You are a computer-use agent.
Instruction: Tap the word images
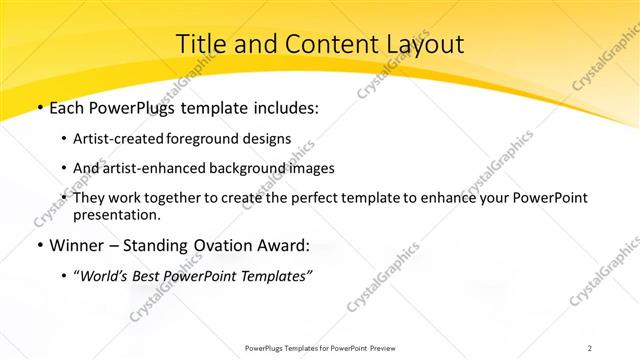point(306,168)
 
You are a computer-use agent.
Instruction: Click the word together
point(192,199)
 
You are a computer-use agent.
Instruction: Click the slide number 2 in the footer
point(590,347)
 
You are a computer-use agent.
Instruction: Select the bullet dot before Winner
point(38,245)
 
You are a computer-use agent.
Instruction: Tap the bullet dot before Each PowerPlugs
point(38,108)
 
